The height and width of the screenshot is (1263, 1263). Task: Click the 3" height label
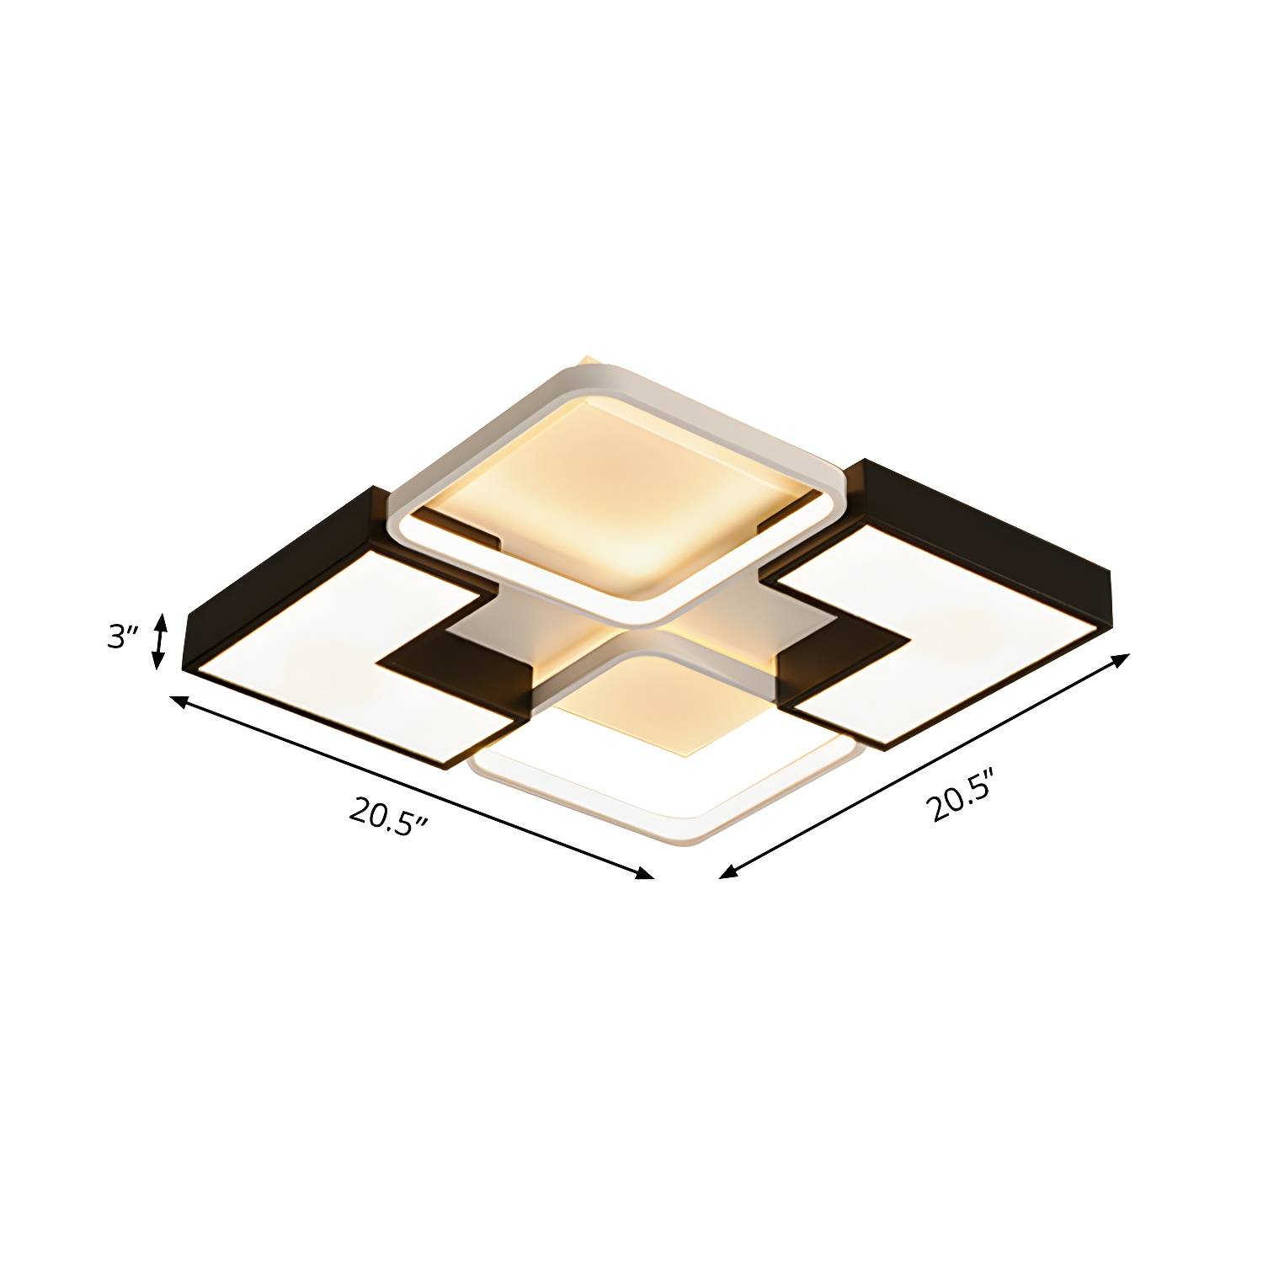pos(122,637)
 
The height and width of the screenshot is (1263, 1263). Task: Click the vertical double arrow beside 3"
pos(158,642)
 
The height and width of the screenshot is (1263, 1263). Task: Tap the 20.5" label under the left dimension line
pos(386,815)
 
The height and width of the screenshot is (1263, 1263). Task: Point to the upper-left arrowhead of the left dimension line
pos(179,701)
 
